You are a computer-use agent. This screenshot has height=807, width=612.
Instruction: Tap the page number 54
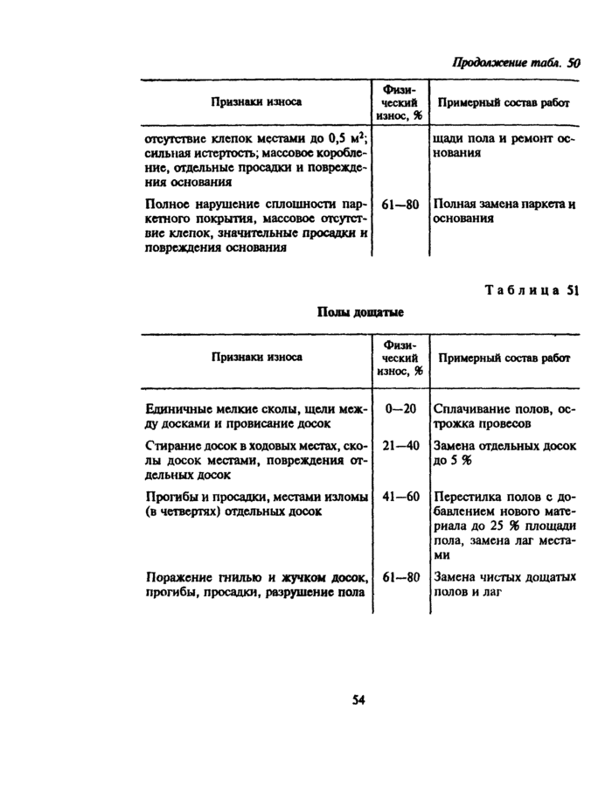click(358, 699)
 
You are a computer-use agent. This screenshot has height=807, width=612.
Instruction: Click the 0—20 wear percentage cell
click(400, 408)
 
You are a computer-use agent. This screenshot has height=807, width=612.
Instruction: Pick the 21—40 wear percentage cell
click(400, 445)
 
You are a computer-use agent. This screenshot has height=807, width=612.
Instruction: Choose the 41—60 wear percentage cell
click(400, 496)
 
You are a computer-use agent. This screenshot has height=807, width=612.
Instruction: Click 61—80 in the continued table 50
click(400, 205)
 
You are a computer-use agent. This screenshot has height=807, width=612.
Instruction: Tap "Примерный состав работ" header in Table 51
click(504, 358)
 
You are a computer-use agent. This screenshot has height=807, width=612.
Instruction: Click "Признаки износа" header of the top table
click(255, 102)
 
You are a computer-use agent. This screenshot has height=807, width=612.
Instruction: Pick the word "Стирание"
click(170, 446)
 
